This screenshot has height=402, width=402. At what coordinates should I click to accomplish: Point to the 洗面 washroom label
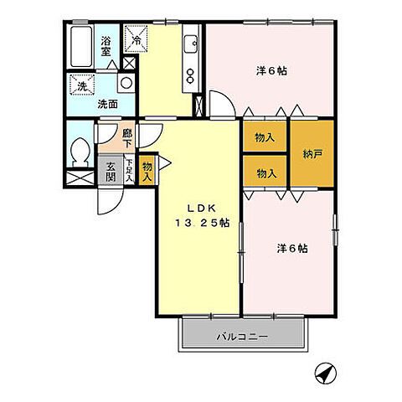106,105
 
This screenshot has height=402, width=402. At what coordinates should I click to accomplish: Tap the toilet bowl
81,151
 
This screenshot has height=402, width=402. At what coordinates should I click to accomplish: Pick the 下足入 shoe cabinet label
130,171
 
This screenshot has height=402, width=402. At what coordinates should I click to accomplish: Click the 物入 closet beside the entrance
147,171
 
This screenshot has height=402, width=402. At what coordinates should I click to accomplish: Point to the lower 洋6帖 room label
292,248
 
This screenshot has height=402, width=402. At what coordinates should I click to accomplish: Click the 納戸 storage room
312,153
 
